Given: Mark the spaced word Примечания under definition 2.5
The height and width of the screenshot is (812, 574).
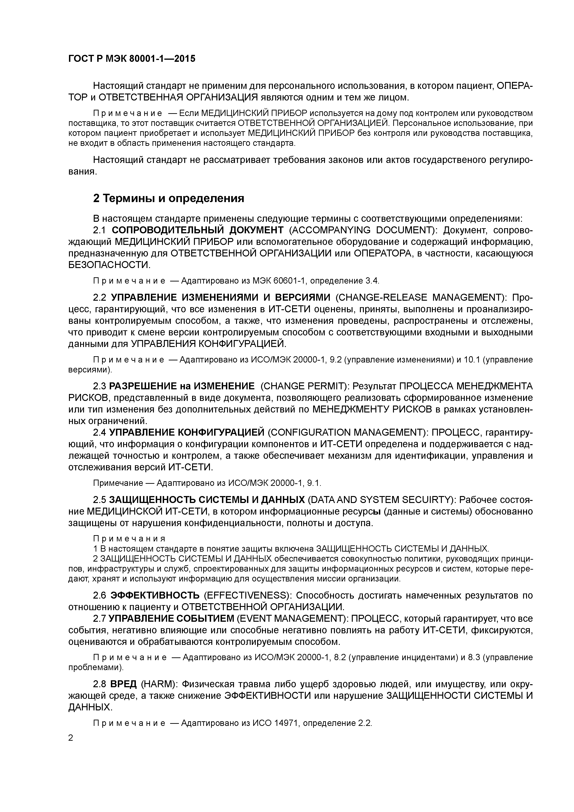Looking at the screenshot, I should point(129,539).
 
